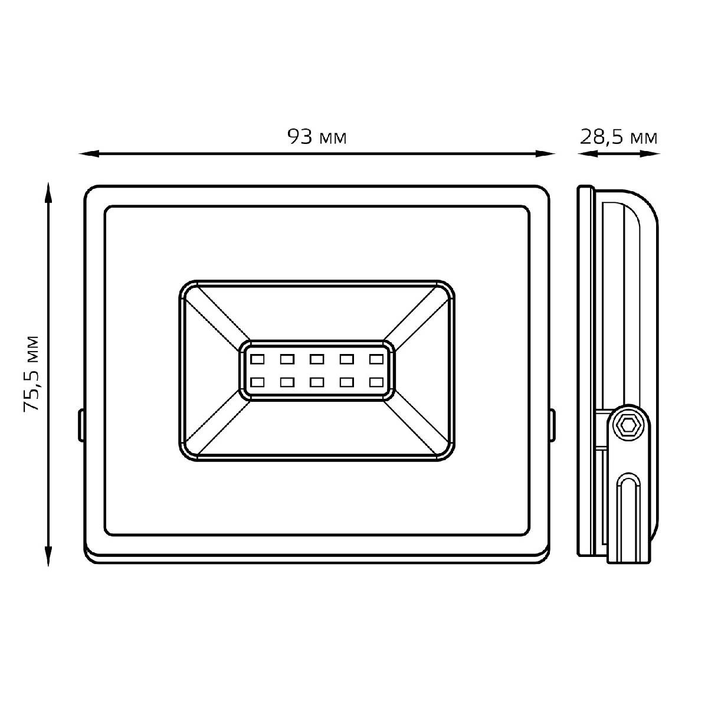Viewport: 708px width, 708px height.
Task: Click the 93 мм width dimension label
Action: (x=317, y=137)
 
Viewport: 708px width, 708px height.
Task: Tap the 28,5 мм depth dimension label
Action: (x=618, y=137)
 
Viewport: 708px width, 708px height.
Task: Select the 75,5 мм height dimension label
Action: (x=31, y=373)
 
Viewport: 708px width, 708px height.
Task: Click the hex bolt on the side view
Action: (x=628, y=425)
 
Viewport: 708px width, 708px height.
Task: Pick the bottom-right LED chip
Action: (x=376, y=382)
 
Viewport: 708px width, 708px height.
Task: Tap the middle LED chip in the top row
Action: (x=316, y=359)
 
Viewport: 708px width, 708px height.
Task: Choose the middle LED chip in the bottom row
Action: (x=316, y=382)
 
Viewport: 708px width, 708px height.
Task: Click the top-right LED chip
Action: (x=376, y=359)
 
